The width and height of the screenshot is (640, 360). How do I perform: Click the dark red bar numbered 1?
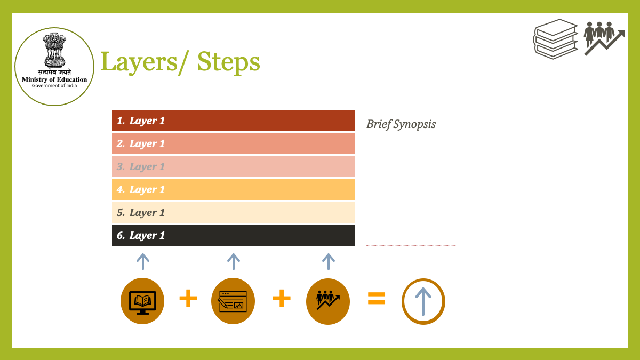point(233,121)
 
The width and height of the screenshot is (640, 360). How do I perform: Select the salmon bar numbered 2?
point(233,143)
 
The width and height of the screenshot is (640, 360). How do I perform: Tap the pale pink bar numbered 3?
point(233,166)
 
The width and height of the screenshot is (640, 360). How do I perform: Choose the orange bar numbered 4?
point(233,189)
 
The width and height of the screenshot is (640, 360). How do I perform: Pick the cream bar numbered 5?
point(233,212)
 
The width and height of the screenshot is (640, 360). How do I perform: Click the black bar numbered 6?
point(233,235)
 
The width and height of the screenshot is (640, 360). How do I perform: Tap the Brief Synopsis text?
point(401,125)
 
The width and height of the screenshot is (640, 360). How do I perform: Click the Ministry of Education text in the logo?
point(54,79)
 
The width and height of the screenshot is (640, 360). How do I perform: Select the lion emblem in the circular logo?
point(54,50)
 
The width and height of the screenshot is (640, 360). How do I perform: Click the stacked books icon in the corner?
point(555,39)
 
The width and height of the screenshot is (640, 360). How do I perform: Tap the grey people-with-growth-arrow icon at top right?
point(604,38)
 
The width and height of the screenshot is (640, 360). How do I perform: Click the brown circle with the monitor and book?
point(142,301)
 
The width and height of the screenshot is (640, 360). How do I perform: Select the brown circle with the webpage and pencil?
point(233,301)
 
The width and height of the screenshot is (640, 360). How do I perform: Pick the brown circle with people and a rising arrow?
point(327,301)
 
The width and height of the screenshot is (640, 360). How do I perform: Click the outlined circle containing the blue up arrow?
point(403,301)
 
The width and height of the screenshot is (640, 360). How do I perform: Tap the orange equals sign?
point(377,298)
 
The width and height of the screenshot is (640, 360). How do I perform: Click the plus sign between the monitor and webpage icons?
point(188,298)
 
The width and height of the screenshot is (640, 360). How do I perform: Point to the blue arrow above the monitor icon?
point(143,261)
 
